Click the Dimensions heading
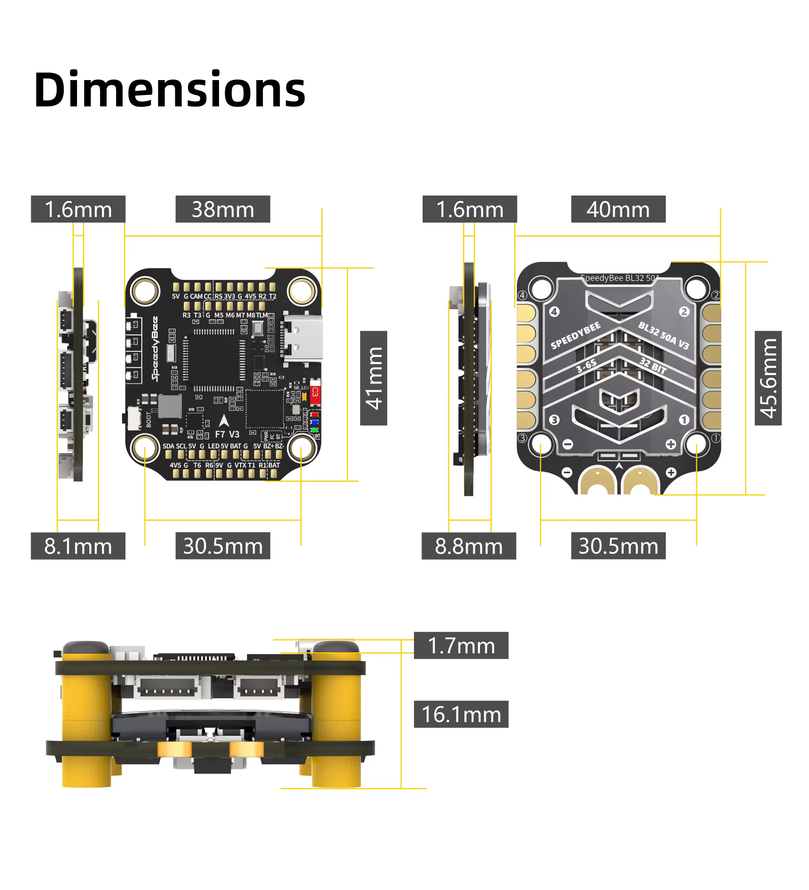coord(169,90)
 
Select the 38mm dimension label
coord(223,209)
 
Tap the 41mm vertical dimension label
coord(374,378)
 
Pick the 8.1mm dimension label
coord(78,547)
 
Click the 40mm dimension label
coord(618,209)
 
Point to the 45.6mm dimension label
coord(769,378)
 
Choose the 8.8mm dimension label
coord(469,547)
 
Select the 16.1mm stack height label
coord(461,715)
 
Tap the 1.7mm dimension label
coord(461,646)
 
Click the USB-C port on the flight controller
coord(304,339)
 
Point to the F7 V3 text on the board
coord(227,434)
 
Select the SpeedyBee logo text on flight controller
coord(155,349)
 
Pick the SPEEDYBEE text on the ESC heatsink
coord(576,335)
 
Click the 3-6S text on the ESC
coord(586,366)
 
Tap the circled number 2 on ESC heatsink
coord(684,312)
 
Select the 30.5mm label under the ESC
coord(618,547)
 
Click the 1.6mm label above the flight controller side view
coord(78,209)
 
